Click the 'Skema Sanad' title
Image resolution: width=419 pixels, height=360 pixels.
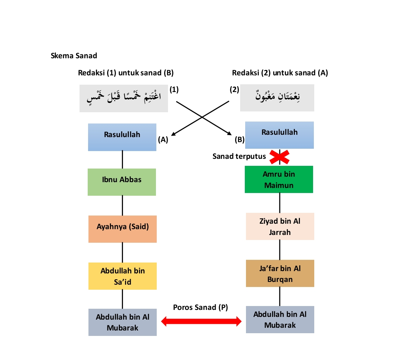tap(74, 56)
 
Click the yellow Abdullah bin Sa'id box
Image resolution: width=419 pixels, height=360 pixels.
tap(123, 276)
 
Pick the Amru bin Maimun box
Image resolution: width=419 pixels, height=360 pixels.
tap(279, 179)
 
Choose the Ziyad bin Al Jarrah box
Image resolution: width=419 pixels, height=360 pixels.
tap(280, 226)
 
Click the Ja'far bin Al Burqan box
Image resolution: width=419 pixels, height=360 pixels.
tap(280, 273)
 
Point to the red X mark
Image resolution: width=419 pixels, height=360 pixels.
tap(280, 157)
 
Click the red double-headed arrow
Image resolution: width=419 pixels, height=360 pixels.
tap(201, 321)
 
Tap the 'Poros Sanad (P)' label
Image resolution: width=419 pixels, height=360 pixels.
tap(200, 307)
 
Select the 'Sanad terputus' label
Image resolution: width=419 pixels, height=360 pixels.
tap(239, 157)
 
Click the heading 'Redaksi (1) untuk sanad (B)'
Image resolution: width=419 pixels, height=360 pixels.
tap(126, 73)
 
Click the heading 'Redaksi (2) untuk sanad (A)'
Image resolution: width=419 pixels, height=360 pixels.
tap(280, 73)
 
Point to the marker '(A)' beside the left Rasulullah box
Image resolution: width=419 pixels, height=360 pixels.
tap(163, 140)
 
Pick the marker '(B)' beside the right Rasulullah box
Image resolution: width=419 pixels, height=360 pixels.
tap(239, 140)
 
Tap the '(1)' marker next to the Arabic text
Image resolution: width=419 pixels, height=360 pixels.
tap(174, 90)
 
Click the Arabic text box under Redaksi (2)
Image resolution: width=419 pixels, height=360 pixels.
tap(277, 97)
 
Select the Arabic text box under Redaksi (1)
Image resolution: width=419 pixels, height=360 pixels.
tap(124, 98)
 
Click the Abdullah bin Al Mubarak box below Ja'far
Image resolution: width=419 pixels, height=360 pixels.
tap(280, 319)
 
